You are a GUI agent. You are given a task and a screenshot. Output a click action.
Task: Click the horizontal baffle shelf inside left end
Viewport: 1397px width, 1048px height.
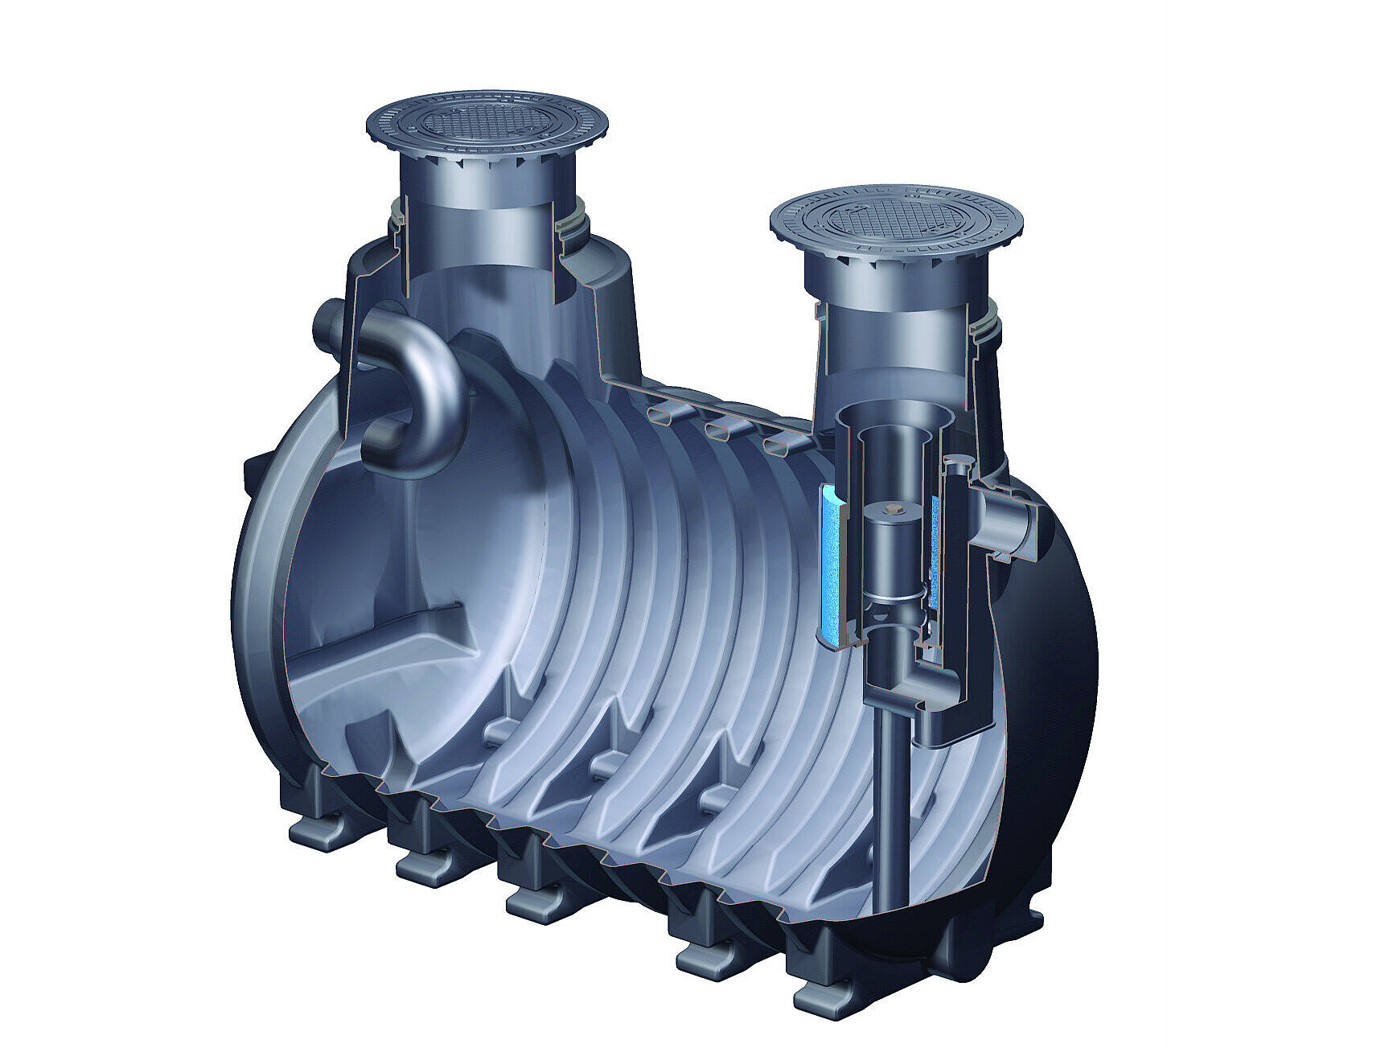coord(378,643)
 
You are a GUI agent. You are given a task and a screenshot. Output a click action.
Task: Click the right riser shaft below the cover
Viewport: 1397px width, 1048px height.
coord(885,322)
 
